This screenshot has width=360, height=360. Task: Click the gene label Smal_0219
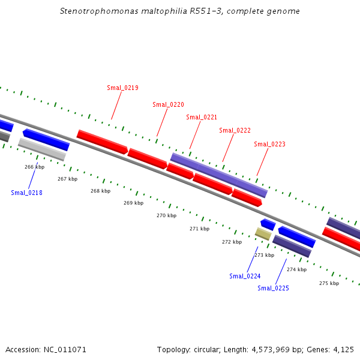(122, 88)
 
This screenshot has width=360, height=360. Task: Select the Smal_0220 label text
(168, 104)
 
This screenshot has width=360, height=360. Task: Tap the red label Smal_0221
(202, 117)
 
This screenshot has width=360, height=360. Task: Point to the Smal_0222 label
(235, 130)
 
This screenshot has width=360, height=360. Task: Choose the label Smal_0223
(269, 144)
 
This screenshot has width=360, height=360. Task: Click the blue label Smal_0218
(26, 193)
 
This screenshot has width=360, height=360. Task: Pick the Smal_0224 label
(245, 276)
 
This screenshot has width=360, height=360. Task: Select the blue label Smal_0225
(273, 288)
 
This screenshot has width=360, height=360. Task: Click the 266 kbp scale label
(34, 167)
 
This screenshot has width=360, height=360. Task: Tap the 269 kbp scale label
(133, 203)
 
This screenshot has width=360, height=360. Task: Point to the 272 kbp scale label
(232, 242)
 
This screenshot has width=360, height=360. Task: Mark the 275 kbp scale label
(329, 283)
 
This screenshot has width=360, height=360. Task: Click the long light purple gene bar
(219, 175)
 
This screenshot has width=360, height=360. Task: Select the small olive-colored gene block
(263, 233)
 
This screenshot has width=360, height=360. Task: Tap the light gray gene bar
(42, 149)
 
